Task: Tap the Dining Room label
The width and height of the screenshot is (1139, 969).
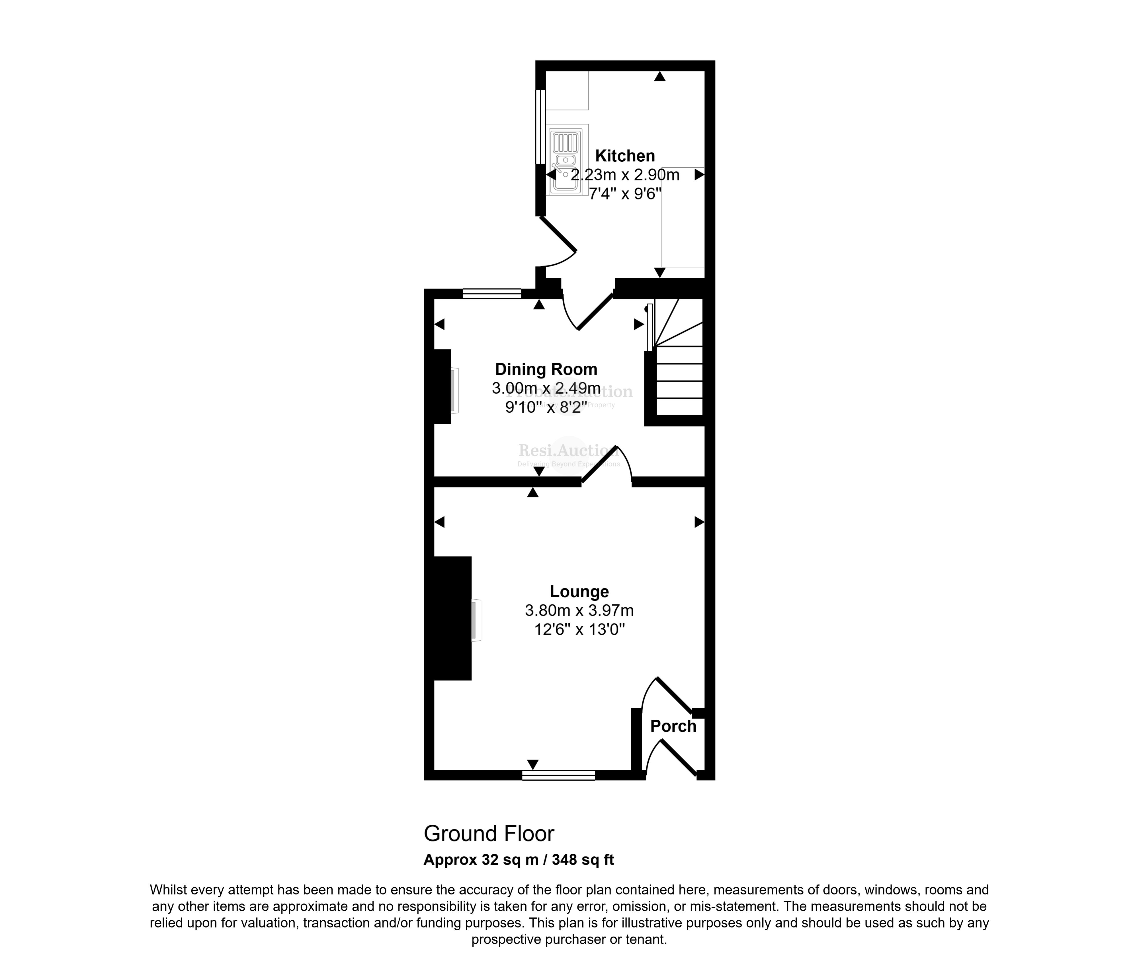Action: point(546,369)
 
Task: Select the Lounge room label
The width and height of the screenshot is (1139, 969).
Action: point(579,592)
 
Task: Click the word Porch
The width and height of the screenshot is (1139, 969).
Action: point(673,726)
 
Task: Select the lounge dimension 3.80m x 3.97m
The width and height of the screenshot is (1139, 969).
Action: point(579,610)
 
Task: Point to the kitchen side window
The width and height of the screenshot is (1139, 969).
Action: point(540,126)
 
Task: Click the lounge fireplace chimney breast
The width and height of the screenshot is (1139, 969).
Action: point(452,618)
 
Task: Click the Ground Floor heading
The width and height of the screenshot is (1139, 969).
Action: point(489,834)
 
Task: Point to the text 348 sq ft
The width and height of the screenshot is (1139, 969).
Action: point(583,860)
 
